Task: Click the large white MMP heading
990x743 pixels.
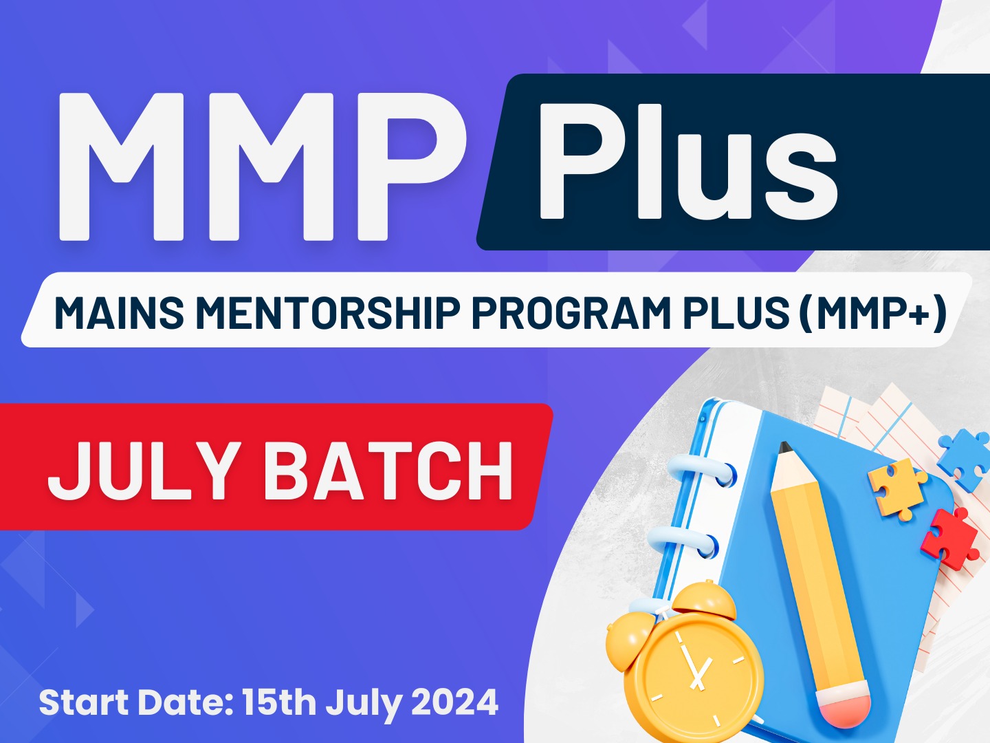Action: tap(263, 167)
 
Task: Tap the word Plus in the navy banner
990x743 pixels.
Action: tap(687, 162)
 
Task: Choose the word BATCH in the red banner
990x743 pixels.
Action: tap(388, 470)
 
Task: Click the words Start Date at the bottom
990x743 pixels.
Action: tap(136, 702)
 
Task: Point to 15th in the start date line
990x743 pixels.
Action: tap(278, 702)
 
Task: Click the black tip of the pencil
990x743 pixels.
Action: tap(785, 447)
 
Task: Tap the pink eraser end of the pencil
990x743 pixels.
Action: tap(844, 709)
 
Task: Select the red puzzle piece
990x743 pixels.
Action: tap(950, 537)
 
